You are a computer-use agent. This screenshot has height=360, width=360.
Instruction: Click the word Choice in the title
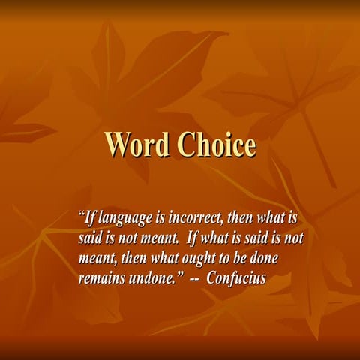click(x=216, y=144)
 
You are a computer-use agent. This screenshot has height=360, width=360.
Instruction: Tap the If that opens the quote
click(x=90, y=220)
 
